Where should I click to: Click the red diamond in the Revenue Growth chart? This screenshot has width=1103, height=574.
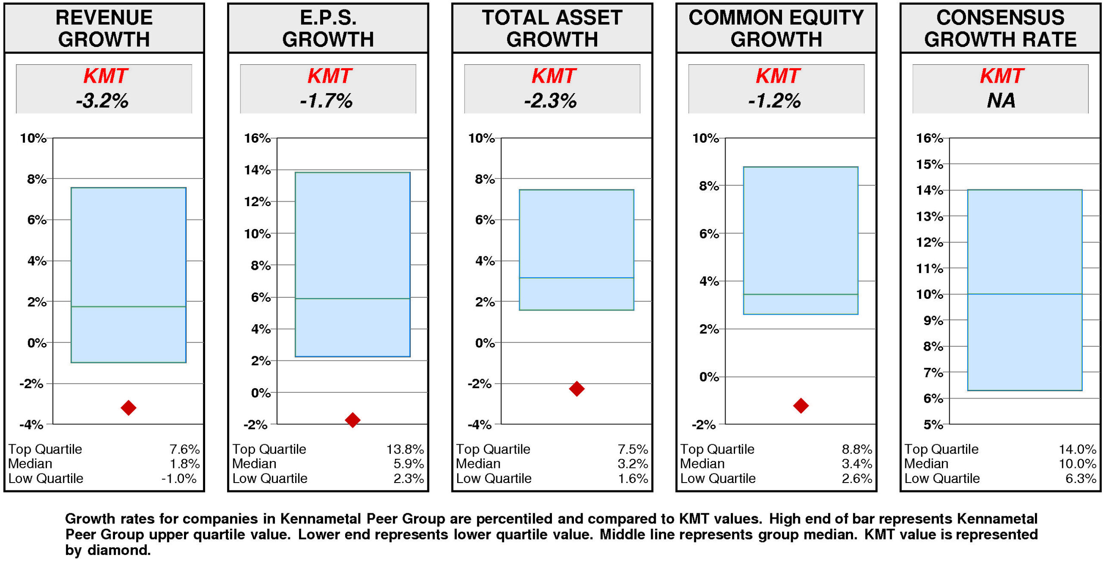pos(128,408)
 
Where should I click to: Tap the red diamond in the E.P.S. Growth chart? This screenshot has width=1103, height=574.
pos(352,420)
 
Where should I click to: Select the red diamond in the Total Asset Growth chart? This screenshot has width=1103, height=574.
pos(576,389)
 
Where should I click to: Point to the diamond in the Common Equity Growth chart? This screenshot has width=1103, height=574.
pos(801,405)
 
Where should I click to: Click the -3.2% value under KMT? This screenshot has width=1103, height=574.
pos(103,101)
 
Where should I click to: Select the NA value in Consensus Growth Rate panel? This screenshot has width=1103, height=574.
pos(1000,101)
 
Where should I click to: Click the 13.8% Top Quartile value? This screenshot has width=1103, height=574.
pos(405,449)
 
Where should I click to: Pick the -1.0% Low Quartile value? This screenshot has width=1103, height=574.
pos(179,478)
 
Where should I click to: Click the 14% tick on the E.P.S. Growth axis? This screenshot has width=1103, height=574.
pos(257,170)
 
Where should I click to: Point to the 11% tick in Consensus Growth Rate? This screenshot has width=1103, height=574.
pos(929,269)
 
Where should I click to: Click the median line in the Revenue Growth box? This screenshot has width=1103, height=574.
pos(128,307)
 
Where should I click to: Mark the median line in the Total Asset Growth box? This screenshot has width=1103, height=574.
pos(576,278)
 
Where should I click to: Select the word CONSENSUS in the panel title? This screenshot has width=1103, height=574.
pos(1000,18)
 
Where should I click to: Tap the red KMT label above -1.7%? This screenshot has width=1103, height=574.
pos(329,76)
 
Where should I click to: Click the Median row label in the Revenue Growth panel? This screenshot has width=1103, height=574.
pos(30,464)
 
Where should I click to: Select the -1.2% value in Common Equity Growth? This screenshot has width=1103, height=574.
pos(775,101)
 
